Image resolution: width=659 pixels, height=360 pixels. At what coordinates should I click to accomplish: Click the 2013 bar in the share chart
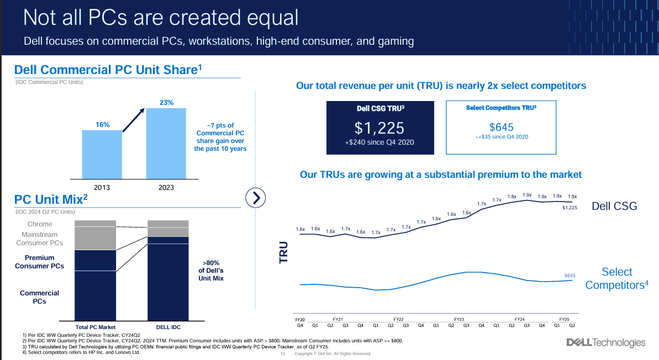click(102, 155)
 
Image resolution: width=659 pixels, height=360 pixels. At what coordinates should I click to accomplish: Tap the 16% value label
click(103, 125)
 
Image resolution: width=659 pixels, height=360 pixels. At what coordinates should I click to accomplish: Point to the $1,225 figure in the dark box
click(379, 128)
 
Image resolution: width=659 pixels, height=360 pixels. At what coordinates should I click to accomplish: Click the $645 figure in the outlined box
click(500, 127)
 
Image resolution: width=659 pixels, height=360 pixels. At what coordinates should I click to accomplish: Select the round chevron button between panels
click(256, 197)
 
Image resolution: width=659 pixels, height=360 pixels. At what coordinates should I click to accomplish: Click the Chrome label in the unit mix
click(40, 224)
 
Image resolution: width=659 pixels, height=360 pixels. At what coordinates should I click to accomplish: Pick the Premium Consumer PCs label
click(40, 262)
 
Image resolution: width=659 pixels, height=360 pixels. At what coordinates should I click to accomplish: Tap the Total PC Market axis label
click(96, 326)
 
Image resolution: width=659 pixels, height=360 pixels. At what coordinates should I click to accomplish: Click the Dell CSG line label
click(614, 206)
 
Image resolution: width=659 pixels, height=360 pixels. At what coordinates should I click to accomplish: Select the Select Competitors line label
click(616, 278)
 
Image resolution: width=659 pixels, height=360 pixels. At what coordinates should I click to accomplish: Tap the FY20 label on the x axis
click(299, 319)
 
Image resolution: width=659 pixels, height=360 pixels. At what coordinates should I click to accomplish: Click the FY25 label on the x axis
click(564, 319)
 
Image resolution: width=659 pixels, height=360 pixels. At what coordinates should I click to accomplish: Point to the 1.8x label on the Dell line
click(512, 197)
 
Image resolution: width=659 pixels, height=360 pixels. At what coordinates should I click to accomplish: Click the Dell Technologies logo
click(605, 343)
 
